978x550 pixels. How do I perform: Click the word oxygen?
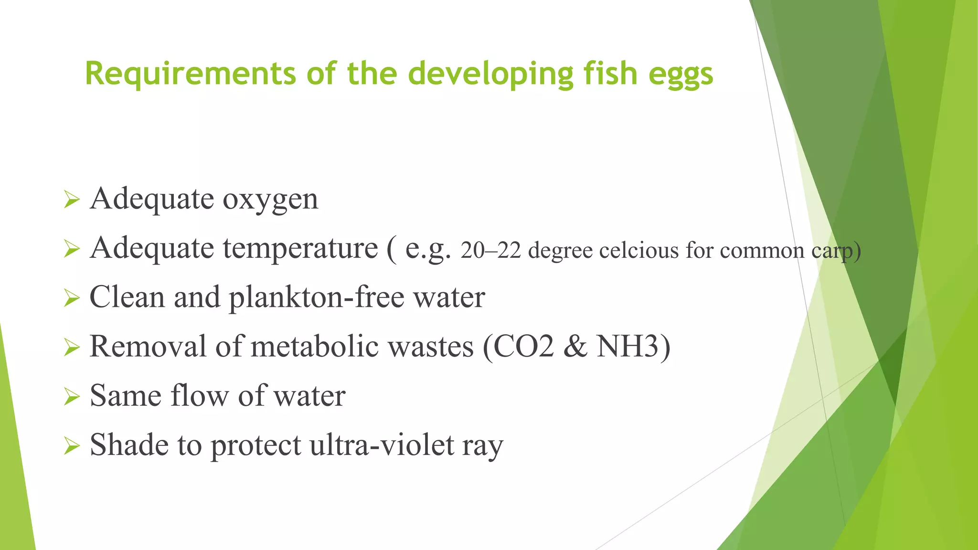pos(270,200)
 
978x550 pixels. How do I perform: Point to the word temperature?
pos(300,248)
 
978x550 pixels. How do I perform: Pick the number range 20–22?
pos(490,251)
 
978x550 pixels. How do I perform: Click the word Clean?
pos(127,297)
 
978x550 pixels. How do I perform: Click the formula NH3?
pos(628,347)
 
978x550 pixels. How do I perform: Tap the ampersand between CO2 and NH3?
pos(575,347)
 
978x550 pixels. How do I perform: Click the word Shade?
pos(129,445)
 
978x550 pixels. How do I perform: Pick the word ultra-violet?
pos(382,445)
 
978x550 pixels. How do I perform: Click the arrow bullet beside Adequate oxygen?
pos(72,200)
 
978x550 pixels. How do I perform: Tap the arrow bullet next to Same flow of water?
pos(72,397)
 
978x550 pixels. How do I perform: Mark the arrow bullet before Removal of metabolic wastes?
pos(72,348)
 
